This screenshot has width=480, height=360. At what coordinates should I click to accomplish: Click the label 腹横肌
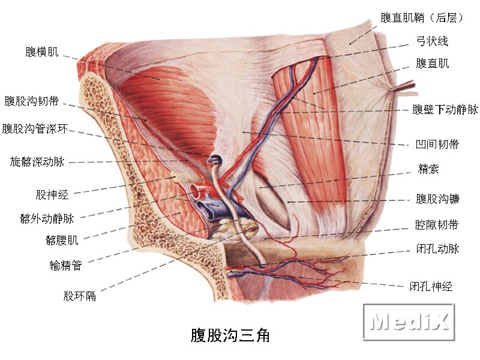click(41, 52)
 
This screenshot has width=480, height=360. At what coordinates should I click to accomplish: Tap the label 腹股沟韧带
click(32, 101)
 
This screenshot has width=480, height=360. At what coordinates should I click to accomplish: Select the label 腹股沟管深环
click(35, 129)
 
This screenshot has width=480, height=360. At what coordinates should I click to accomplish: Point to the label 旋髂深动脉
click(37, 161)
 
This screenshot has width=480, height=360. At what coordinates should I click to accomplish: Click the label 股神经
click(52, 194)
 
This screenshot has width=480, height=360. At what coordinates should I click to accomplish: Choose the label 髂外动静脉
click(47, 218)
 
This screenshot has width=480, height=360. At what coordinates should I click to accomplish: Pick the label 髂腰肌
click(62, 241)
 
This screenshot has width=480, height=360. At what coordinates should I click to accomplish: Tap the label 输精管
click(66, 265)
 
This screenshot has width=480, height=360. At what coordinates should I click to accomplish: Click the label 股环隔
click(80, 296)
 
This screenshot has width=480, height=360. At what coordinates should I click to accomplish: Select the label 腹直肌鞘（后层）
click(422, 18)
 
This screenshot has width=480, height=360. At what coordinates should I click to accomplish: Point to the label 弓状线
click(432, 41)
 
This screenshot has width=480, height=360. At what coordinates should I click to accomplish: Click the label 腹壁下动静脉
click(445, 109)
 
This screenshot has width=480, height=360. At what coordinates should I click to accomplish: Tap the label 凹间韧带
click(437, 144)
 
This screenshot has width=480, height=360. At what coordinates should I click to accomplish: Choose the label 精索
click(428, 169)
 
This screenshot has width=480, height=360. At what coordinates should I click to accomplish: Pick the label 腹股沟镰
click(437, 199)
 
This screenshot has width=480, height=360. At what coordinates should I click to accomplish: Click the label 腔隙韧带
click(437, 225)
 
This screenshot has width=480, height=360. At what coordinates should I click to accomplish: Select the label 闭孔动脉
click(437, 248)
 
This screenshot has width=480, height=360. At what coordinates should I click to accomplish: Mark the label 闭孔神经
click(431, 287)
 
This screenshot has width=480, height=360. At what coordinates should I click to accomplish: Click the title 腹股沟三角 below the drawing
click(230, 335)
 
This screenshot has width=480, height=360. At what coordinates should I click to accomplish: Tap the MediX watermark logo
click(409, 322)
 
